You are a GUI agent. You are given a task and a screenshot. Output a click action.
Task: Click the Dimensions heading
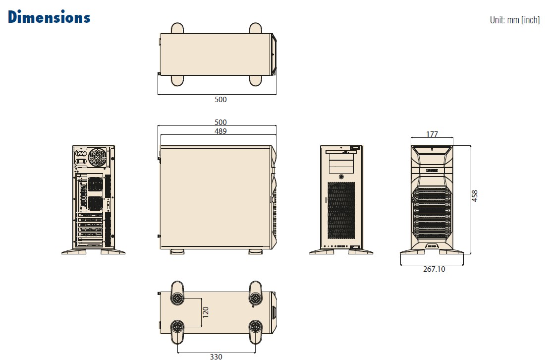point(49,17)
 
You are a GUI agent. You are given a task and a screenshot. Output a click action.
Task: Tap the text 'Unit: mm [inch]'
point(514,20)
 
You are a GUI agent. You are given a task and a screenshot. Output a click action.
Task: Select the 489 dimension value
point(220,131)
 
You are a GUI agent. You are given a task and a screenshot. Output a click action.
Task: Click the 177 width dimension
point(432,134)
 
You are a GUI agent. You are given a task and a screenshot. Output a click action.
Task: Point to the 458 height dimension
point(475,196)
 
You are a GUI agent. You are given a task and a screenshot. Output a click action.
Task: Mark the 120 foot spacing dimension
point(206,312)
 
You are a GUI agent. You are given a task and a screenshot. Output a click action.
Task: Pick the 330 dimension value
point(216,356)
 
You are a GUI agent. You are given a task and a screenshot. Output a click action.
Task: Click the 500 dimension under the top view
point(220,99)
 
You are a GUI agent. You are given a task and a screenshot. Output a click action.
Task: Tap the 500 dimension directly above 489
point(220,122)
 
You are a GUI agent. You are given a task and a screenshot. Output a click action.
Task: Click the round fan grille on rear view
point(98,159)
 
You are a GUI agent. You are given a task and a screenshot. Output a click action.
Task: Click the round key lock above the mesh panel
point(341,177)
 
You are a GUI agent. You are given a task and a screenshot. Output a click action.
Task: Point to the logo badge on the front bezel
point(432,170)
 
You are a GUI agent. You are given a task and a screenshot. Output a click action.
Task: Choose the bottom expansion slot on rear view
point(89,243)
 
